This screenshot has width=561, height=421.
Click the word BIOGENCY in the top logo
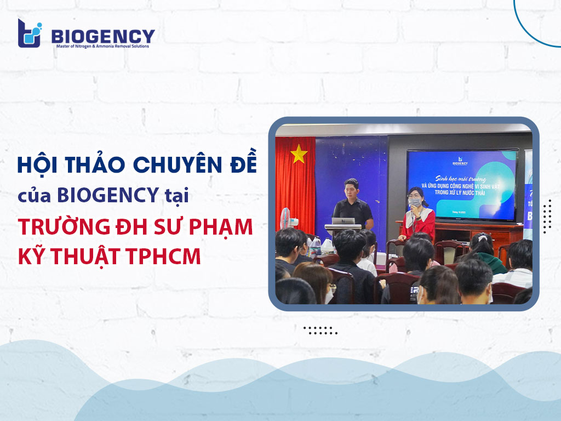[x=103, y=36]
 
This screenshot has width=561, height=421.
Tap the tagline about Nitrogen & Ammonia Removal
[x=103, y=46]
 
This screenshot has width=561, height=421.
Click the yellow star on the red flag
[x=299, y=155]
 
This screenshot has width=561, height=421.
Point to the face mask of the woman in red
[x=415, y=202]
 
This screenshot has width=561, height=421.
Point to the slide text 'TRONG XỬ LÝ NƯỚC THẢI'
[x=477, y=191]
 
